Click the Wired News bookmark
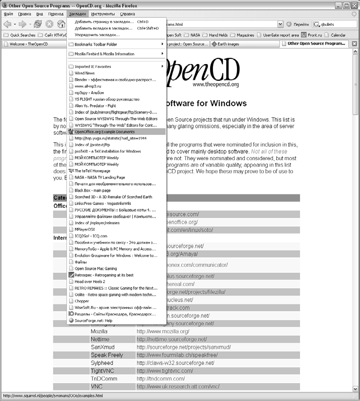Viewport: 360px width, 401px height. (85, 73)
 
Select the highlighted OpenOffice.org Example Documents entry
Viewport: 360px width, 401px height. (104, 131)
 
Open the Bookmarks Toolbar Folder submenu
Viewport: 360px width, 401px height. (96, 44)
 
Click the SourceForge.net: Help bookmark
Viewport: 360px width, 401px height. (93, 321)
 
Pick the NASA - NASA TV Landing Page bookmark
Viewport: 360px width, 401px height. (100, 177)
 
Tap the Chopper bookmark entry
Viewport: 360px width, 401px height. (82, 301)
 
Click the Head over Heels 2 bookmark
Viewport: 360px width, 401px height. (89, 282)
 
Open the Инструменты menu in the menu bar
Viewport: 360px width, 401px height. (102, 14)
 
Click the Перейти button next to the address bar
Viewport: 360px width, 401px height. (298, 24)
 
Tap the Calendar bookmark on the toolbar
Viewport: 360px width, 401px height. (338, 35)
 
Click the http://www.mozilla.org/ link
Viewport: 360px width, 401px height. (163, 331)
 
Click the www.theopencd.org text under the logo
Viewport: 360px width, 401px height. (215, 85)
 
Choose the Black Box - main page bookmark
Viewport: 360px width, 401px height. (92, 190)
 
